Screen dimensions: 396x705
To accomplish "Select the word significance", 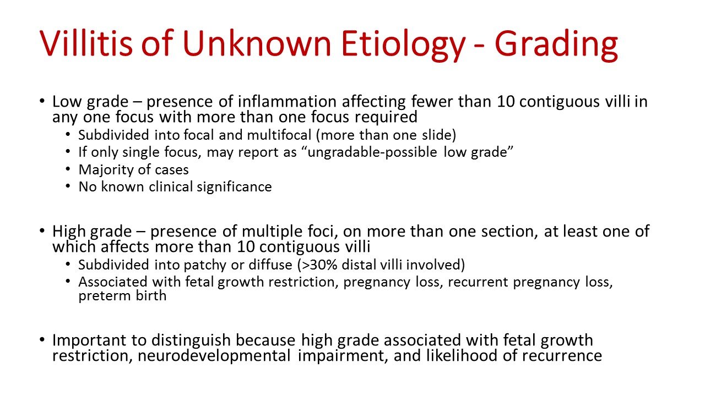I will pyautogui.click(x=237, y=187).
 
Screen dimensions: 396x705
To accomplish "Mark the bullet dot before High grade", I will pyautogui.click(x=42, y=232).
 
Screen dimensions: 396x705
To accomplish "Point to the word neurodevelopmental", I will pyautogui.click(x=215, y=356).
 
